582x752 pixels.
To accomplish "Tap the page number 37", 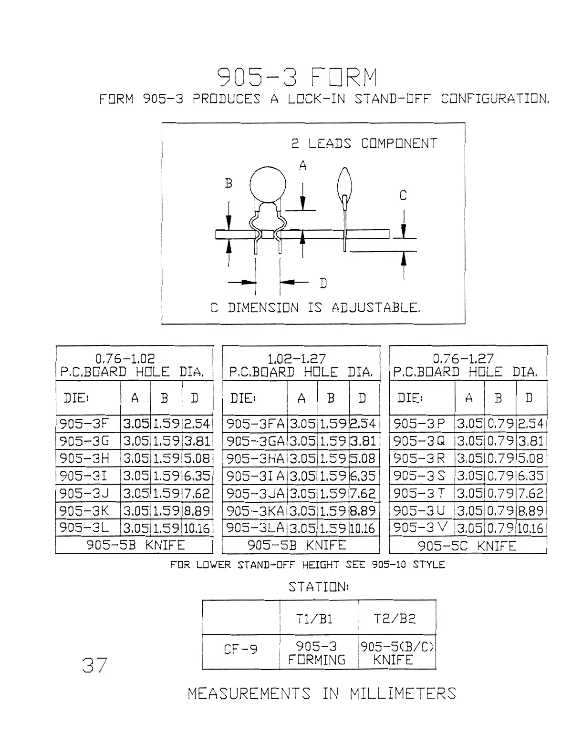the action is (x=95, y=665).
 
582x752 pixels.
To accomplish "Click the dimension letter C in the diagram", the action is (x=403, y=195).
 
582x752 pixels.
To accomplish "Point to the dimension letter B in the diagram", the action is (x=229, y=183).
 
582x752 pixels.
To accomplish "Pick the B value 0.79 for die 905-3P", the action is (x=500, y=423).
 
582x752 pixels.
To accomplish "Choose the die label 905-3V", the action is (x=421, y=528).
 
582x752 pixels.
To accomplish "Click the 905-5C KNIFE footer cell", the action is (x=467, y=546).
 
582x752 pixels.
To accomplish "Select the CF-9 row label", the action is (x=241, y=649).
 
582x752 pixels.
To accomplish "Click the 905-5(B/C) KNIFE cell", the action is (x=396, y=653).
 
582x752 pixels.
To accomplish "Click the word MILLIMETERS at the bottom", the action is (x=403, y=693).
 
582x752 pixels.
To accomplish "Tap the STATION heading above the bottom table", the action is (x=319, y=587).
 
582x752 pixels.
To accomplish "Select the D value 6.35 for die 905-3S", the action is (x=530, y=476).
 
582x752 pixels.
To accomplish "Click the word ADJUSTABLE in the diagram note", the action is (x=375, y=307).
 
